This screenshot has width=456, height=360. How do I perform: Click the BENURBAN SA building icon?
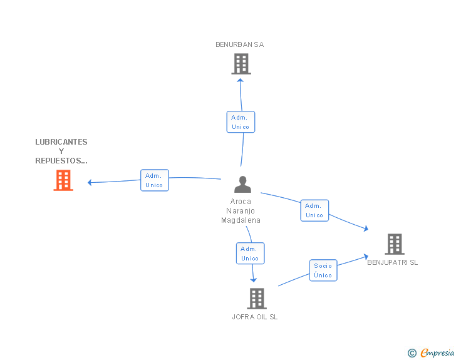[241, 64]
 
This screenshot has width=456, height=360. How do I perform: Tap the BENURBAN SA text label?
[240, 44]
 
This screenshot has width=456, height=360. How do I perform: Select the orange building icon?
[63, 180]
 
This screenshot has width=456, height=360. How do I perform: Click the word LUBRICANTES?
[61, 142]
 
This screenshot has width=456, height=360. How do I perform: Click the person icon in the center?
[242, 184]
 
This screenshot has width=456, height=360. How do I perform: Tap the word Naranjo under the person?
[241, 211]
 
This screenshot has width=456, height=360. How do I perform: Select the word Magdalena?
[241, 220]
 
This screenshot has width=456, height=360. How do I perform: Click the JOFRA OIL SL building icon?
[257, 299]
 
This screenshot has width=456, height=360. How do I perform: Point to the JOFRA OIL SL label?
[255, 317]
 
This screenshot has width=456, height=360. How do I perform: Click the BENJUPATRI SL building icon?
[395, 244]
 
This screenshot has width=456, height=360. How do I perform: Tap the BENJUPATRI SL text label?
[392, 262]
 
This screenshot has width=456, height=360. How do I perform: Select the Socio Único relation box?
[323, 270]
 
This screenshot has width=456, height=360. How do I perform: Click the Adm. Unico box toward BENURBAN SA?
[241, 122]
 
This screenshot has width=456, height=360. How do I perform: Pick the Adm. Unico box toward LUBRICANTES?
[155, 180]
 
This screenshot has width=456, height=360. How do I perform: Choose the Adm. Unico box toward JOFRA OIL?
[250, 254]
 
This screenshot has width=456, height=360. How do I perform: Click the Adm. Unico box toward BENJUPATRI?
[314, 210]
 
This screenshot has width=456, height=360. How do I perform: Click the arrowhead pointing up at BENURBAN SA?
[241, 81]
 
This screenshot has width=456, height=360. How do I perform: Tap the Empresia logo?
[437, 352]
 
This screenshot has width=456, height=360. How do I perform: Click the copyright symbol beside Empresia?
[412, 353]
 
